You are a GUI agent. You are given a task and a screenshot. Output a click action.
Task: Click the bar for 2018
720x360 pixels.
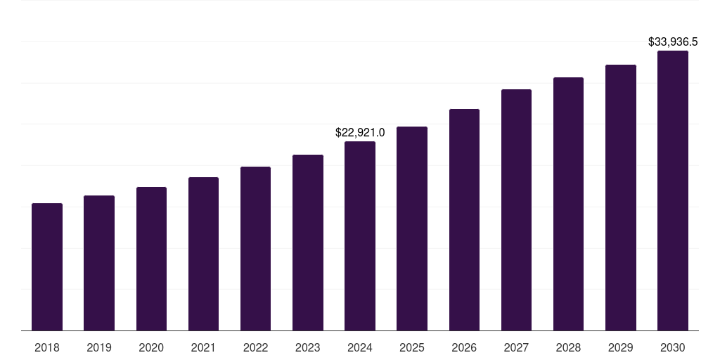coord(47,267)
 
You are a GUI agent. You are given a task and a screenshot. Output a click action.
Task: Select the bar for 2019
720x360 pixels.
coord(99,263)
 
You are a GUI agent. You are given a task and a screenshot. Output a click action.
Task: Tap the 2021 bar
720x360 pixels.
coord(203,254)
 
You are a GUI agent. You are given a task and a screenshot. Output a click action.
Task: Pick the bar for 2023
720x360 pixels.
coord(308,243)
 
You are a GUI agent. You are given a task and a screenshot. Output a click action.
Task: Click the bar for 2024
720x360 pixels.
coord(360,236)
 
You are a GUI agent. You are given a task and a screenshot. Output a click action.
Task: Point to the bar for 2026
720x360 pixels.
coord(464,220)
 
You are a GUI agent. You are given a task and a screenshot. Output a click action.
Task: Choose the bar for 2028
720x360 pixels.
coord(568,204)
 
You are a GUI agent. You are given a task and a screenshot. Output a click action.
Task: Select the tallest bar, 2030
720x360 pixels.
coord(673,191)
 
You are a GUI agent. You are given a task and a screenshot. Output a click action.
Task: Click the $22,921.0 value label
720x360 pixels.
coord(360,132)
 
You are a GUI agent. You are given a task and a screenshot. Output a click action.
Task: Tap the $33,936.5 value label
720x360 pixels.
coord(673,42)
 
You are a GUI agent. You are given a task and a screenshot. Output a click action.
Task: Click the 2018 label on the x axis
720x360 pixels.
coord(47,347)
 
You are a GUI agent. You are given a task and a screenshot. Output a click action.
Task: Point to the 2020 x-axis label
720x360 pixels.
coord(151,347)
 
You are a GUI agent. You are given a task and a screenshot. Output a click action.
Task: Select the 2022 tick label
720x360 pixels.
coord(255,347)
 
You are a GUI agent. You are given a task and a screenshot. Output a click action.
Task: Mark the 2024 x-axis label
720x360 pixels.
coord(360,347)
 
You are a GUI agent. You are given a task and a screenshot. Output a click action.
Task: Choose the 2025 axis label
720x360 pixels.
coord(412,347)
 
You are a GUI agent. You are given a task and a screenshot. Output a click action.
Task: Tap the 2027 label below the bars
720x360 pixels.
coord(516,347)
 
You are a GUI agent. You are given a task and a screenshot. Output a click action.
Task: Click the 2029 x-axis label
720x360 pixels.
coord(621,347)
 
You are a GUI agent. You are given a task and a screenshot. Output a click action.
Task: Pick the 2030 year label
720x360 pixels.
coord(673,347)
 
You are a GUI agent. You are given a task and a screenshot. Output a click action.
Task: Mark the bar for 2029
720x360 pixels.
coord(621,198)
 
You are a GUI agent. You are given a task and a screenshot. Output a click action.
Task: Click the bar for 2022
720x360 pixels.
coord(255,248)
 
